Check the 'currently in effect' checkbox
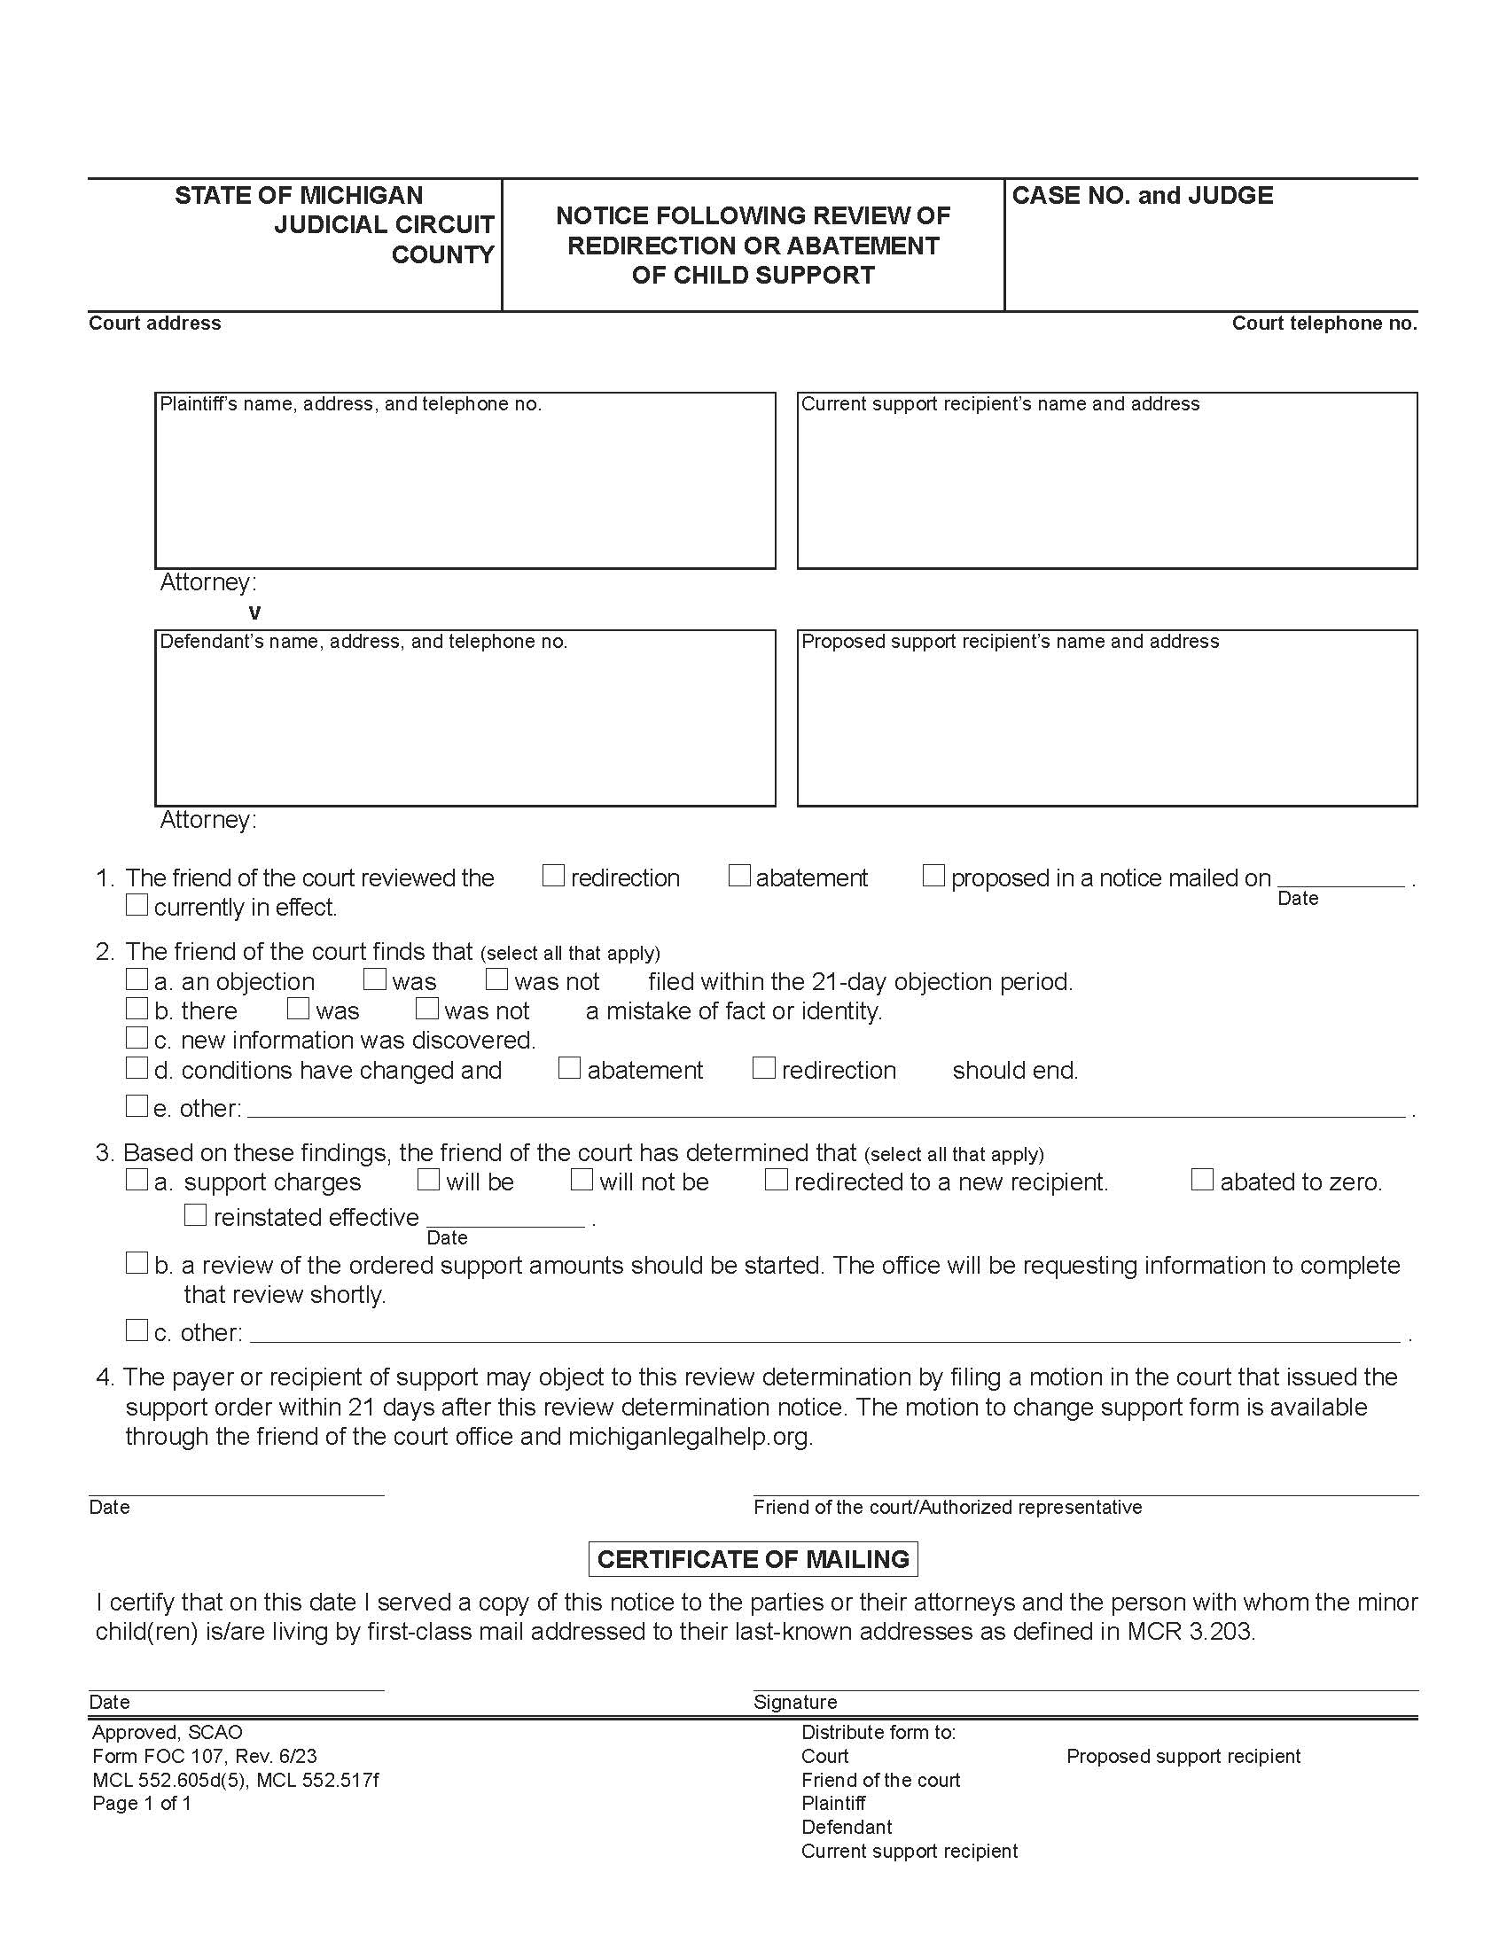tap(137, 905)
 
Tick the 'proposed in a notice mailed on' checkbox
tap(933, 876)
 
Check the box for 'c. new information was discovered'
tap(137, 1039)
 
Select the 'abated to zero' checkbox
tap(1203, 1181)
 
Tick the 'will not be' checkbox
tap(582, 1181)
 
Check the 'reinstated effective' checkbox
tap(195, 1215)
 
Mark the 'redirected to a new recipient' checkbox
tap(777, 1181)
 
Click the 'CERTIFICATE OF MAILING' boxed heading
tap(753, 1560)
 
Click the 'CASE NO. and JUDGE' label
tap(1142, 196)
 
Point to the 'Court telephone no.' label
tap(1324, 324)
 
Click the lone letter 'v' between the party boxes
tap(255, 612)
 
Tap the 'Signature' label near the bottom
tap(794, 1702)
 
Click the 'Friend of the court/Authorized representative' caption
tap(948, 1507)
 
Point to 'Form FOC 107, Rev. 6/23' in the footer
tap(205, 1756)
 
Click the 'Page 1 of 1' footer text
tap(142, 1803)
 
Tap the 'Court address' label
tap(154, 324)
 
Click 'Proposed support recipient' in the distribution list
tap(1183, 1756)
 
